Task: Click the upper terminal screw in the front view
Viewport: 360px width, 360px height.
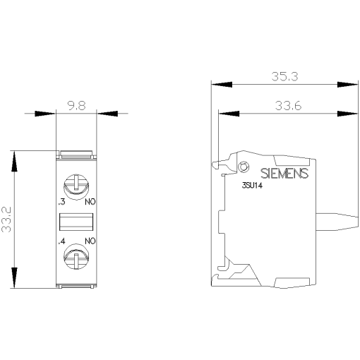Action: [74, 186]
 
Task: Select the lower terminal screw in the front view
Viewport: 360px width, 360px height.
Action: [74, 255]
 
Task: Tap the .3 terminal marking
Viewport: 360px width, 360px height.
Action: [61, 202]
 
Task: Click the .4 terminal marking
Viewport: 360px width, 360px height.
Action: [61, 242]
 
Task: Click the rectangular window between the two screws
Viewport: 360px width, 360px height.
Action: [75, 221]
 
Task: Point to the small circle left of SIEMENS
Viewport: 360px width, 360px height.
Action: [244, 167]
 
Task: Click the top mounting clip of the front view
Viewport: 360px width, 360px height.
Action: [75, 153]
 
